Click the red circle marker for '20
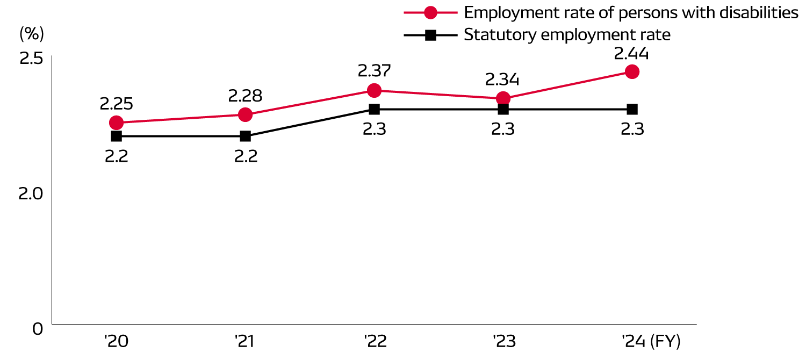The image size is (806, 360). click(116, 123)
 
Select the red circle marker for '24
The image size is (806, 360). click(632, 71)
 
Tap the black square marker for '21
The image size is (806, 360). click(245, 136)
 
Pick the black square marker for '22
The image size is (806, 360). click(375, 109)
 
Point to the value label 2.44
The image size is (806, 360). click(631, 54)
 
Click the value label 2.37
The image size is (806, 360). click(374, 71)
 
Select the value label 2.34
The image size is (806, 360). click(502, 80)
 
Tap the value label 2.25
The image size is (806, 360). click(116, 104)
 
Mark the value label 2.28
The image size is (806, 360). click(245, 96)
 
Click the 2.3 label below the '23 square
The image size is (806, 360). click(503, 129)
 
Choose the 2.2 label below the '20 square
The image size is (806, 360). click(116, 156)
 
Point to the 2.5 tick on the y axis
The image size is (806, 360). click(31, 58)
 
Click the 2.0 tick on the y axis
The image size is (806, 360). click(31, 193)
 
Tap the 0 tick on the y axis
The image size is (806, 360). click(37, 328)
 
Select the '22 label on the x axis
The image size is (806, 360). click(375, 341)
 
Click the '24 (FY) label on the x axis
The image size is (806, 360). click(651, 341)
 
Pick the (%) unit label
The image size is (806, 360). click(32, 34)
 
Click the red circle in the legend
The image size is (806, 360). click(430, 12)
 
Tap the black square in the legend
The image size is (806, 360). click(430, 35)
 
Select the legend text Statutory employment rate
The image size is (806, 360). click(567, 35)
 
